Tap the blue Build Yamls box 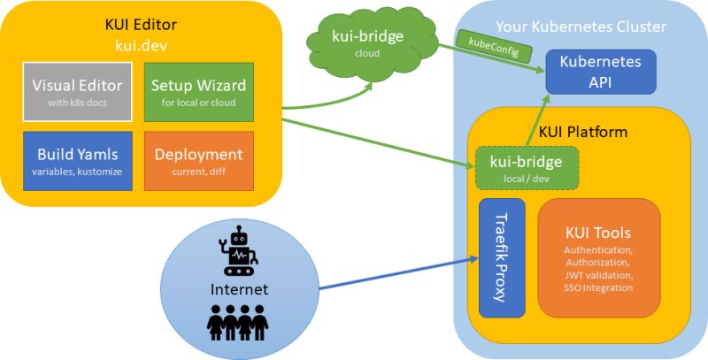point(77,160)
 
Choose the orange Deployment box point(198,160)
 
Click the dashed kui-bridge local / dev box point(527,168)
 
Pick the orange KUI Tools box point(598,257)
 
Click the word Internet point(238,289)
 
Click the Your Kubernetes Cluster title point(581,27)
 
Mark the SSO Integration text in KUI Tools point(598,287)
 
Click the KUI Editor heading point(142,23)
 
